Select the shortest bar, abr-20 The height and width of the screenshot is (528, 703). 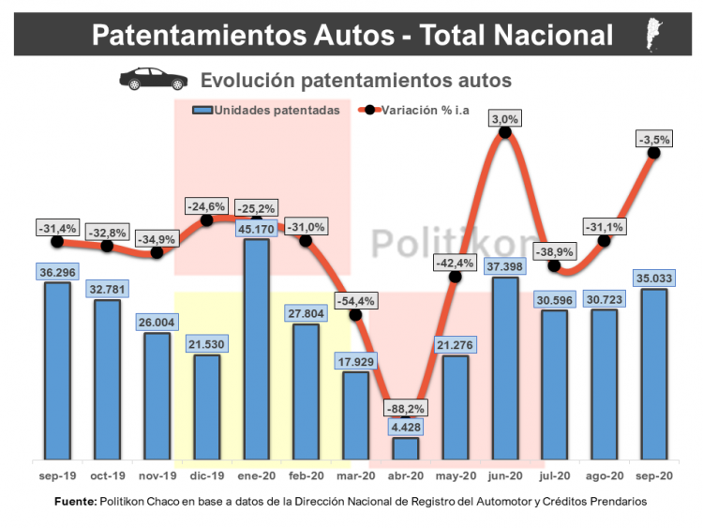(x=406, y=448)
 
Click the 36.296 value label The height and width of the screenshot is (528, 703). (x=58, y=272)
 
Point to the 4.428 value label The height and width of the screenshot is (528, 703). (x=406, y=428)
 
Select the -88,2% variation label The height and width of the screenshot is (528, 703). (x=406, y=408)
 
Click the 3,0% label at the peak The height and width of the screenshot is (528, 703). (x=505, y=119)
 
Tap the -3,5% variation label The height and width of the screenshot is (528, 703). (x=653, y=140)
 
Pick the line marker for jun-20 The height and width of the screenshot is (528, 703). (x=505, y=133)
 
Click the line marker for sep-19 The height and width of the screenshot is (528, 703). (x=58, y=241)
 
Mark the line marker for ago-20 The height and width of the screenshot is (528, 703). (x=604, y=241)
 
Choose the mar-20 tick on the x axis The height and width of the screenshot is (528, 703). (x=356, y=476)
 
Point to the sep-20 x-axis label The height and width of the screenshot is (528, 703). (x=653, y=476)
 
